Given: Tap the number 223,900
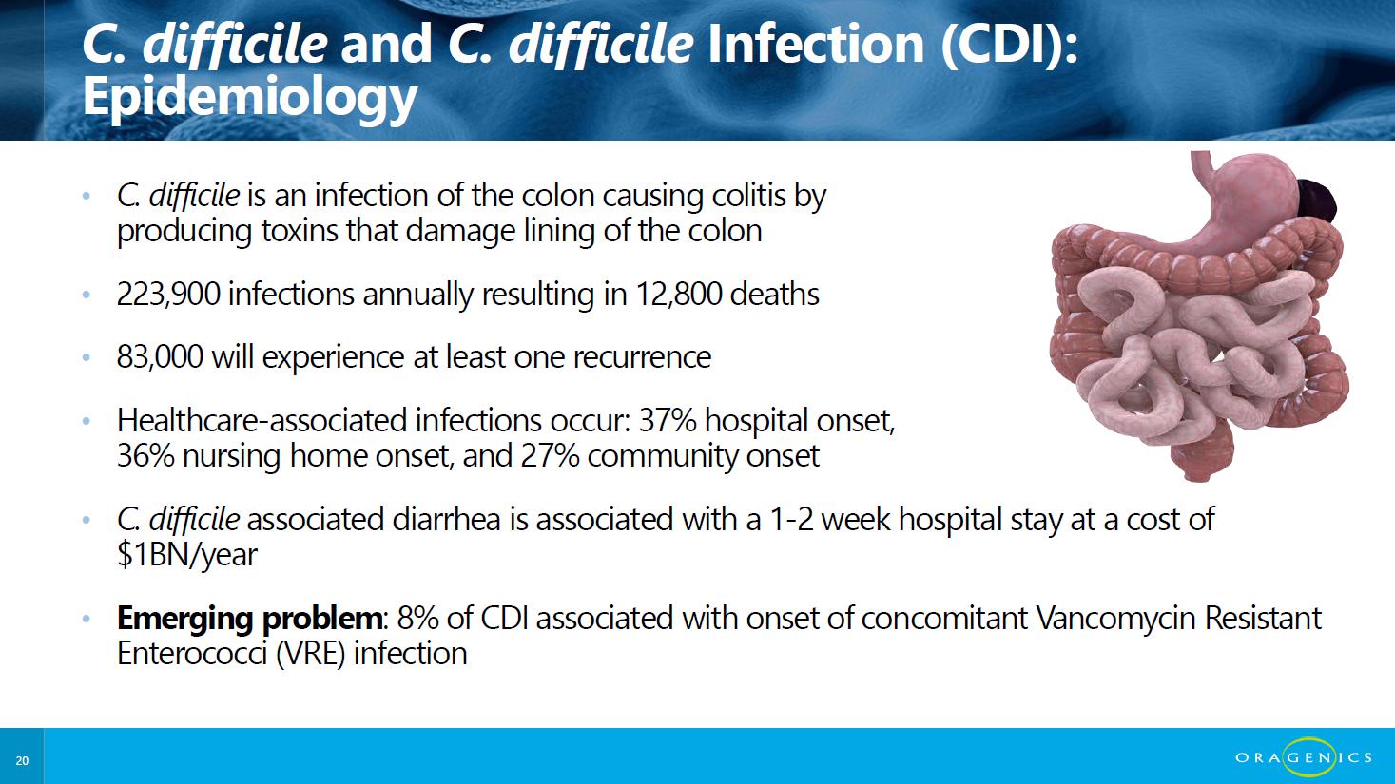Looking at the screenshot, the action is click(x=168, y=295).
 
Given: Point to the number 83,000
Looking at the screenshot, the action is click(x=160, y=357).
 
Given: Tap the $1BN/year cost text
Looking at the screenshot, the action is click(x=186, y=555).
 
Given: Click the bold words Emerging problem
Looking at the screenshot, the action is click(x=249, y=619).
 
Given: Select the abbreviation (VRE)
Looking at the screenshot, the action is click(x=310, y=654).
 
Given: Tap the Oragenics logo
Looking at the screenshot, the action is click(x=1304, y=757).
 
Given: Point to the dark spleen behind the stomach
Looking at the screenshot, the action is click(x=1316, y=202).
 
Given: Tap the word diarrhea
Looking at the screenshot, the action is click(x=446, y=520).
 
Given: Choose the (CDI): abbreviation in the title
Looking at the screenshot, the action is click(x=1010, y=44).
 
